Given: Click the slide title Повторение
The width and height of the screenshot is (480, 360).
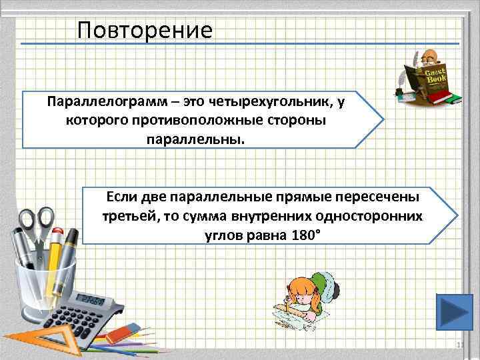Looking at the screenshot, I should [144, 30].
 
